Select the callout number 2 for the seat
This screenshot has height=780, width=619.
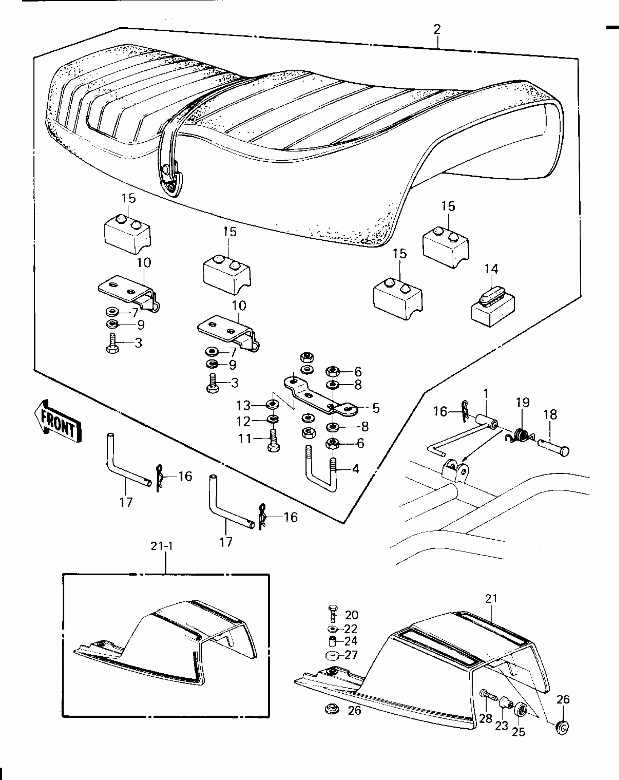(x=437, y=29)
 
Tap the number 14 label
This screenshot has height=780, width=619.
(x=491, y=269)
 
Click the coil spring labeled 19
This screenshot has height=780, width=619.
(x=521, y=434)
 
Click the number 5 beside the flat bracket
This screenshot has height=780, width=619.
(x=376, y=408)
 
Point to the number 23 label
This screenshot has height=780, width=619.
(x=501, y=725)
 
